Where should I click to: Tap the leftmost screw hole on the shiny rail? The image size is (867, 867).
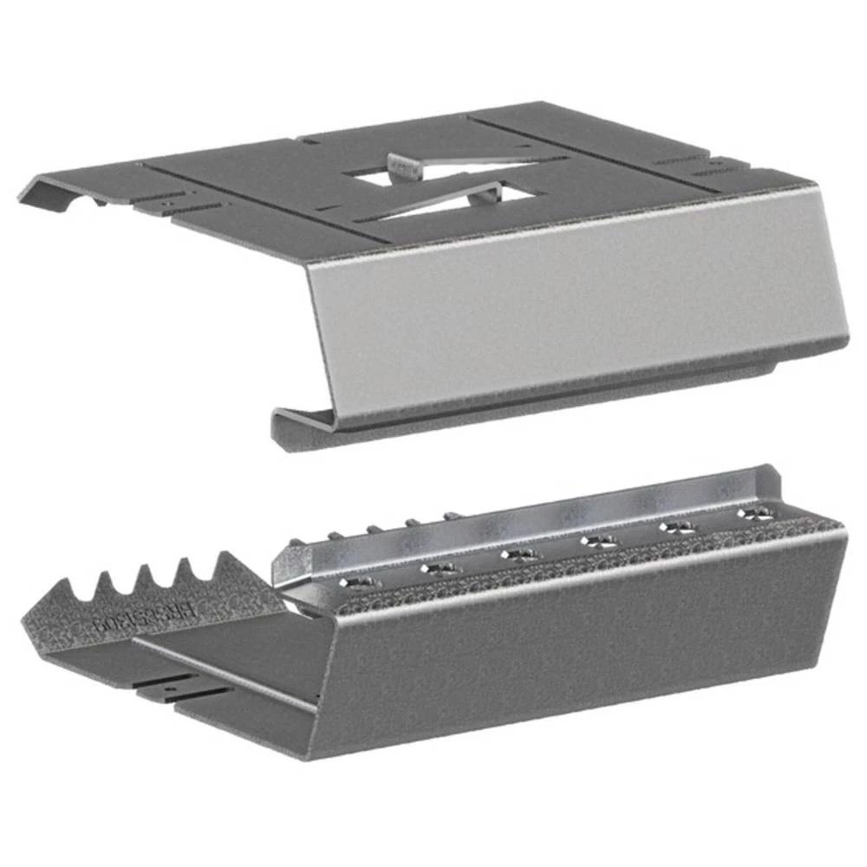tap(358, 580)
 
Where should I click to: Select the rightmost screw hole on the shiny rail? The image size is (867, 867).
tap(757, 514)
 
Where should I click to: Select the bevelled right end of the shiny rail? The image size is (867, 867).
tap(772, 481)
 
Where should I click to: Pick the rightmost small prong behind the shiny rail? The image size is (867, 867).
tap(451, 517)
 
